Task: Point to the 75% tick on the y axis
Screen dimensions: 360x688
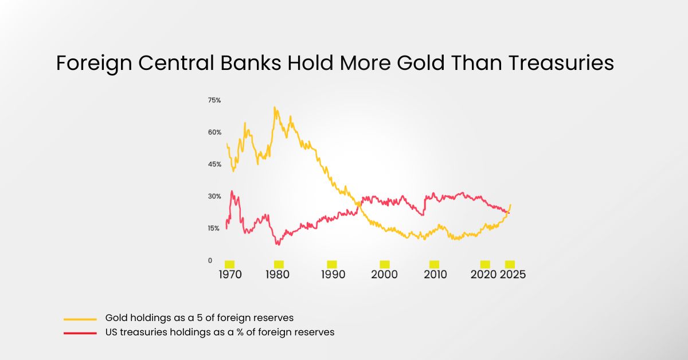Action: point(214,100)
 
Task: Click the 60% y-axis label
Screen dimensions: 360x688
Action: point(214,132)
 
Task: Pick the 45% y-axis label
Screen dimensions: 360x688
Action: point(214,165)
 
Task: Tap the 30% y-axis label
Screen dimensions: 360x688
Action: point(214,197)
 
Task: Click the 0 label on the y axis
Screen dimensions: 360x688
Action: point(210,261)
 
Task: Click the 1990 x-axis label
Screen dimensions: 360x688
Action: point(333,275)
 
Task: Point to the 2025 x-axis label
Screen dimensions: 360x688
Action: point(513,275)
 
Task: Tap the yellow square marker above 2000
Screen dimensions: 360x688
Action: point(385,264)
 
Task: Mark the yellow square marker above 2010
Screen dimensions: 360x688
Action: point(435,264)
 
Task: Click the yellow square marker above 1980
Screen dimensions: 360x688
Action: point(279,264)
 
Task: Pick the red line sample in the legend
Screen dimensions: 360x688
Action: point(80,332)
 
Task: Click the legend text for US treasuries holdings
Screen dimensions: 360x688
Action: point(220,332)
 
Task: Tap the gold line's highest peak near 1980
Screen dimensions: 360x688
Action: point(275,107)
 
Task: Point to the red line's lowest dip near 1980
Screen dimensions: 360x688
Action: point(278,245)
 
